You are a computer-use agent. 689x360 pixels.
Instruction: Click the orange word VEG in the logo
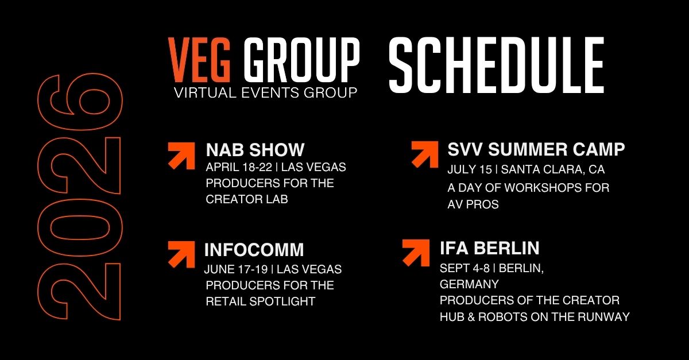coord(199,60)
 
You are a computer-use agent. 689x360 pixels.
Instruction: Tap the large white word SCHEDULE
coord(497,65)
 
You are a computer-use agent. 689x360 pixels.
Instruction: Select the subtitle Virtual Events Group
coord(265,92)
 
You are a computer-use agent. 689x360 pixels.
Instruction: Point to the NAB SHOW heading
coord(255,150)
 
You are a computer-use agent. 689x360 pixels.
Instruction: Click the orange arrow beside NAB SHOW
coord(181,156)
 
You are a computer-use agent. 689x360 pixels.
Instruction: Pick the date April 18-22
coord(239,167)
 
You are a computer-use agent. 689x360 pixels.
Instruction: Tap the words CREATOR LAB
coord(247,199)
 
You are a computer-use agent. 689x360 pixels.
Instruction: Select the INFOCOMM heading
coord(254,250)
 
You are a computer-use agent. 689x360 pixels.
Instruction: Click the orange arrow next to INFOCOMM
coord(181,254)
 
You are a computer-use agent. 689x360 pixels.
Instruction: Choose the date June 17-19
coord(236,269)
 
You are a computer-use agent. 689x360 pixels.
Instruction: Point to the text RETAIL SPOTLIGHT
coord(261,301)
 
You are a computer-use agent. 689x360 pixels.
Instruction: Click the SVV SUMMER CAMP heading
coord(536,149)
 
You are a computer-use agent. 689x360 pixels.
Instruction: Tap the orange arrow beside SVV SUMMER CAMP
coord(425,154)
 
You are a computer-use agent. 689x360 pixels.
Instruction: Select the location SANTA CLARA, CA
coord(553,169)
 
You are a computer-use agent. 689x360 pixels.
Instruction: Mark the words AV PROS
coord(473,204)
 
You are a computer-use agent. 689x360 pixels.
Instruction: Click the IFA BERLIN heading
coord(490,248)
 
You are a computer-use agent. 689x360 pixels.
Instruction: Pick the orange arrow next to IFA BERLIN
coord(416,253)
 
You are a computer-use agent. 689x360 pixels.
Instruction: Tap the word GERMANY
coord(470,284)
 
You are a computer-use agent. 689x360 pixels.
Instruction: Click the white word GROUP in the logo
coord(301,60)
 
